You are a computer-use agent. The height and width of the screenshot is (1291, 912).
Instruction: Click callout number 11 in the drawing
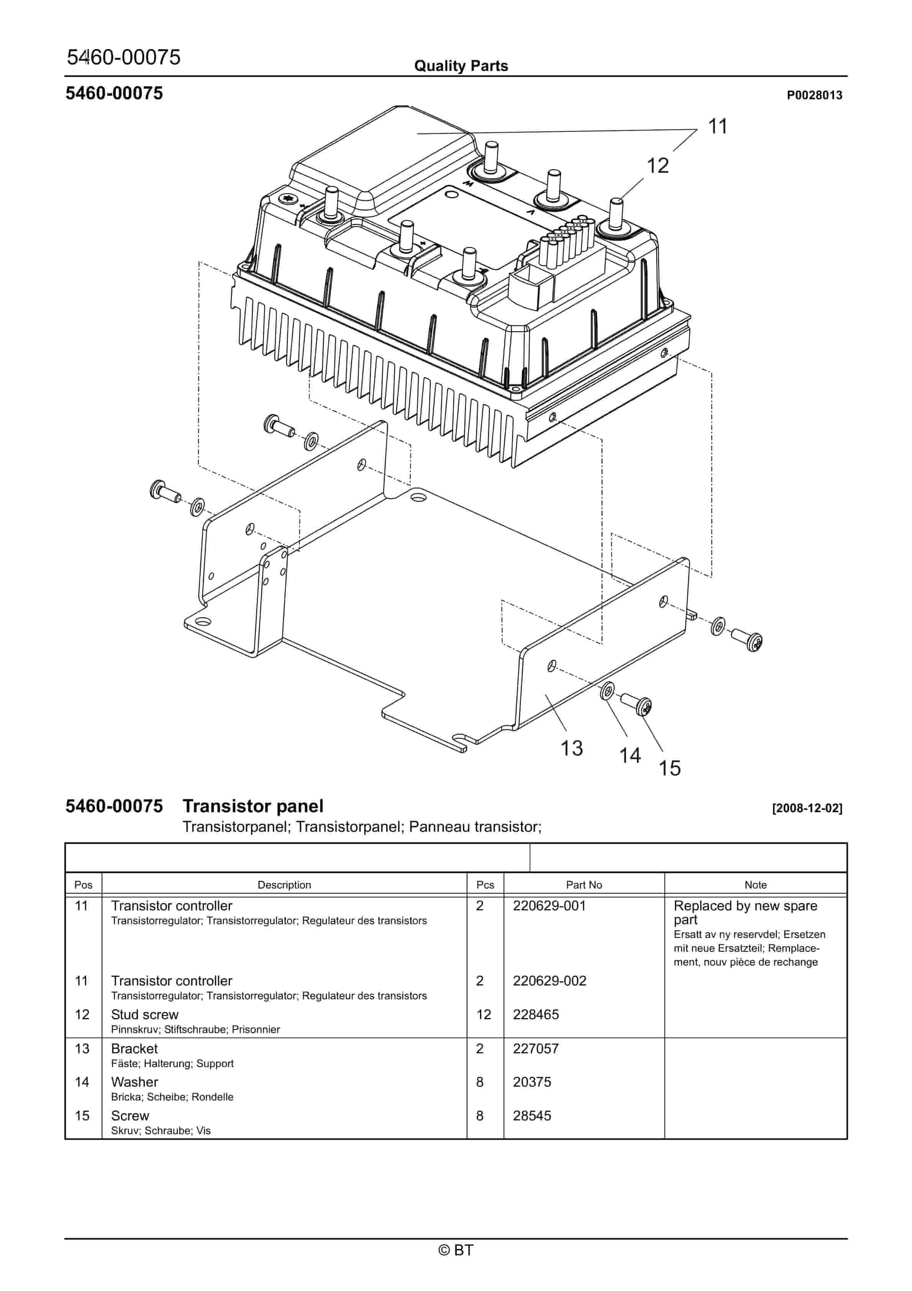click(x=717, y=126)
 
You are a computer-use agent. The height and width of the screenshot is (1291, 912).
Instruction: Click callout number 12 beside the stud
click(x=657, y=166)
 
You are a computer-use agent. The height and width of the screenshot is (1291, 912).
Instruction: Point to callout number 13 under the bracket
click(x=571, y=748)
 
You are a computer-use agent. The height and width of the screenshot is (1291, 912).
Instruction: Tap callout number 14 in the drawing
click(x=630, y=756)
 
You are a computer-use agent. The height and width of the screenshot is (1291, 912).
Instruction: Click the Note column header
click(x=755, y=885)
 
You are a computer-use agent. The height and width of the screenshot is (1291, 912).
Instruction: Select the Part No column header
click(x=584, y=885)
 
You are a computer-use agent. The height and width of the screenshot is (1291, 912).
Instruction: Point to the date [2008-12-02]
click(x=807, y=808)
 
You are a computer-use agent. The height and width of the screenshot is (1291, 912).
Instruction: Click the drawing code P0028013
click(x=814, y=95)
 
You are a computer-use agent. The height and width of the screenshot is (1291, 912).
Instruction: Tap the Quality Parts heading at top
click(x=461, y=66)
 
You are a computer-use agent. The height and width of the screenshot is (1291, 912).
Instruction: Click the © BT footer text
click(x=456, y=1250)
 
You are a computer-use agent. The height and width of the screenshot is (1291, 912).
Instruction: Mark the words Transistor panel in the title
click(x=253, y=806)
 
